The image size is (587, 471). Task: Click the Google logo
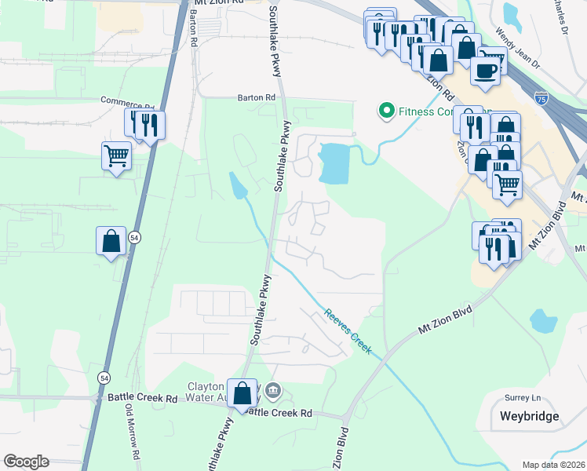coord(26,462)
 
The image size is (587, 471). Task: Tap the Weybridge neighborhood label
coord(530,416)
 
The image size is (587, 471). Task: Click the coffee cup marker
coord(485,70)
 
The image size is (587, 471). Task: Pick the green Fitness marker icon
coord(386,111)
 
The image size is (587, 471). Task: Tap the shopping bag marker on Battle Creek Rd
coord(242,392)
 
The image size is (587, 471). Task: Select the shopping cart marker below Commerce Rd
coord(116,155)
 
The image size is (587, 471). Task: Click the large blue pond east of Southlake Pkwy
coord(336,163)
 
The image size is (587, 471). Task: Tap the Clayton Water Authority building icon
coord(272,390)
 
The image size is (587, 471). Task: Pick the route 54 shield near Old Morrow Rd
coord(104,378)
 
